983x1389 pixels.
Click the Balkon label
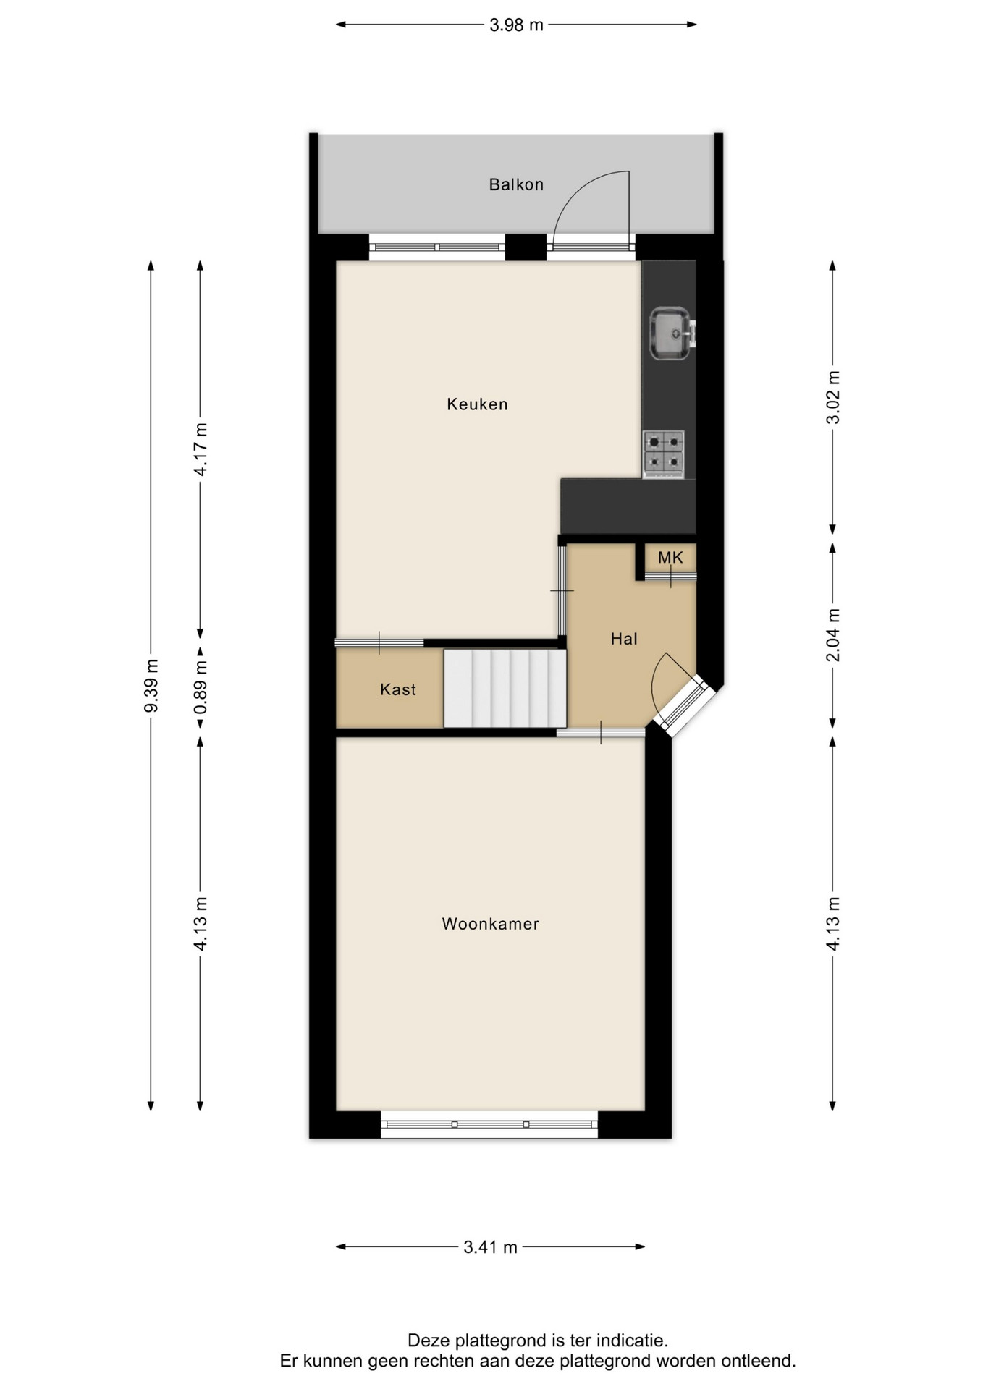(516, 184)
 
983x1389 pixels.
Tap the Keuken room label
(477, 404)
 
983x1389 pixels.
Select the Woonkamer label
(491, 924)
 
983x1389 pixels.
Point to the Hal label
(624, 639)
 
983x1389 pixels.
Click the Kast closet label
(398, 689)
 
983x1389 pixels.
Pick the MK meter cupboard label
(670, 557)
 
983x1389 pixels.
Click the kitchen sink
(672, 334)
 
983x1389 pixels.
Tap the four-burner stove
(663, 454)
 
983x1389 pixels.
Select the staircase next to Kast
(505, 688)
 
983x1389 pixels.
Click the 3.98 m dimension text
(516, 25)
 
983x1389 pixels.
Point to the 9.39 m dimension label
(151, 685)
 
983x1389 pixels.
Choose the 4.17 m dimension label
(201, 449)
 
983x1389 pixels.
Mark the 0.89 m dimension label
(201, 687)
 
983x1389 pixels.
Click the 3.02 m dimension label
(833, 397)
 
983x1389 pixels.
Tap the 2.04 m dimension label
(833, 634)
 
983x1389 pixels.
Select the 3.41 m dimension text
(491, 1246)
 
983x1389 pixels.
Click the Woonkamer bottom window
(489, 1123)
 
